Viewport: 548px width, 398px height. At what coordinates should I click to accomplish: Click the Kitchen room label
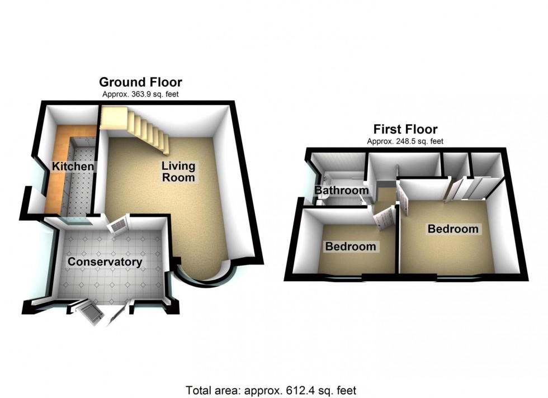73,167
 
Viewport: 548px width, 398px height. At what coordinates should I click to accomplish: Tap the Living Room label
178,171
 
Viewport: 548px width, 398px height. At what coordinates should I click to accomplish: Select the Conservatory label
105,262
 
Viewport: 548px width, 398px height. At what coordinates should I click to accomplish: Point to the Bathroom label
341,191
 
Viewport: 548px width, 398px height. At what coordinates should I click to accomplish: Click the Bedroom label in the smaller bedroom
351,246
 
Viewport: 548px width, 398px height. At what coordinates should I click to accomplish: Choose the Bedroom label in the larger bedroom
453,229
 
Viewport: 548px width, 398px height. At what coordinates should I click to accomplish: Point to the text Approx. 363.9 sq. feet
140,94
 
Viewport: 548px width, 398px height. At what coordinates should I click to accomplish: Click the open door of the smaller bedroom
384,215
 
